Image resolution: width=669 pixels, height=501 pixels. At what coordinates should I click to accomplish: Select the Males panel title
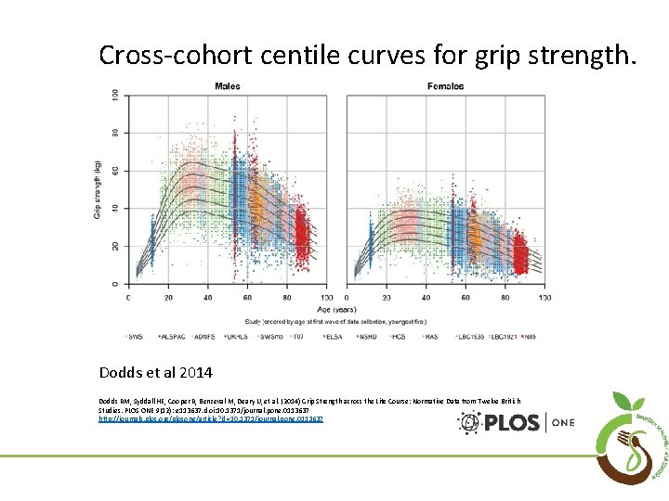pyautogui.click(x=228, y=86)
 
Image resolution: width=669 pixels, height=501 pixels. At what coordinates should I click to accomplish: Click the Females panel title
pyautogui.click(x=445, y=86)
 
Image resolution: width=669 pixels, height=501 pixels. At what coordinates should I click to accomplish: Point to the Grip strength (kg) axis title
pyautogui.click(x=98, y=191)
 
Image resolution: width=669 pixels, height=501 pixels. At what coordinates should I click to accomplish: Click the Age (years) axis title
pyautogui.click(x=336, y=309)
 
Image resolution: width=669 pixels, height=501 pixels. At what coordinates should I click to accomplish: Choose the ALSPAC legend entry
pyautogui.click(x=174, y=335)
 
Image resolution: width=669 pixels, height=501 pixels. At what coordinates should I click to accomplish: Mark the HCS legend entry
pyautogui.click(x=400, y=335)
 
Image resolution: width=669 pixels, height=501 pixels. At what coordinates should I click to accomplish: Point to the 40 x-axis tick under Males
pyautogui.click(x=207, y=298)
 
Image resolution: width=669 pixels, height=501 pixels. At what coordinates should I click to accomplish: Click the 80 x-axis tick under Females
pyautogui.click(x=505, y=298)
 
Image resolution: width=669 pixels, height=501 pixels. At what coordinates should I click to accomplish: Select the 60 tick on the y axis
pyautogui.click(x=115, y=170)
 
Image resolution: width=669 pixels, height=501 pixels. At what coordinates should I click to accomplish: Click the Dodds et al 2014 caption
pyautogui.click(x=156, y=372)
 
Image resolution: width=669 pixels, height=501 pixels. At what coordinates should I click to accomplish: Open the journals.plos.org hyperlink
pyautogui.click(x=211, y=419)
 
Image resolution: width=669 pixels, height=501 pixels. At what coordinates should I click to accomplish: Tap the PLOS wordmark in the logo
pyautogui.click(x=512, y=423)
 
